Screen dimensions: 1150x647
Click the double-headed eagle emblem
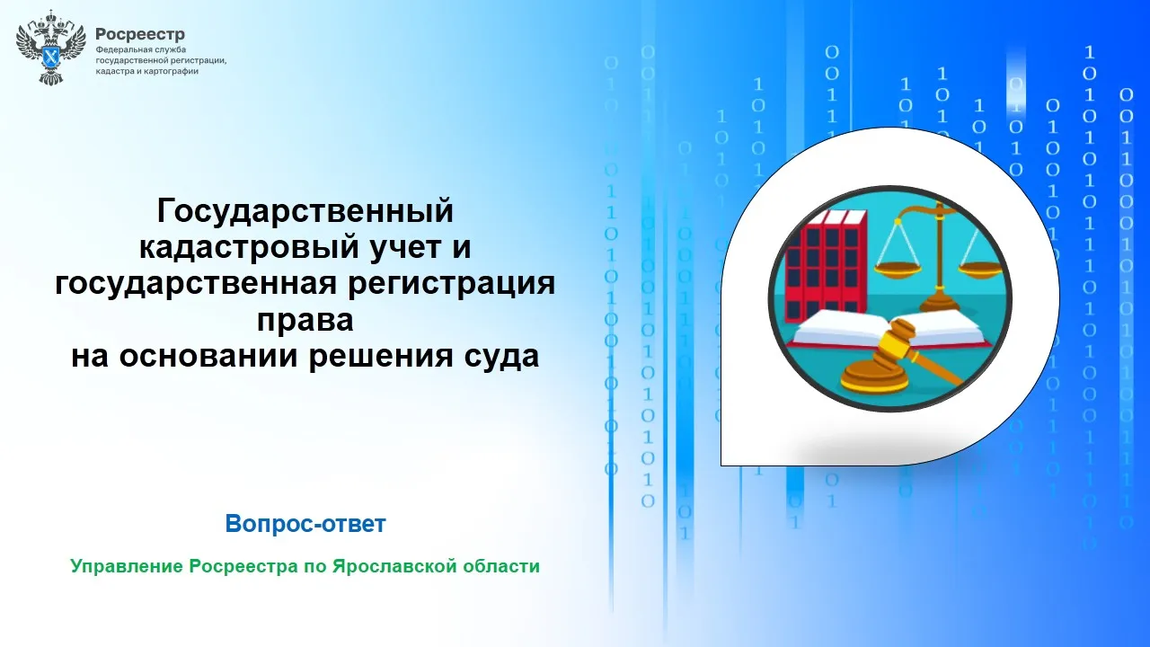(50, 48)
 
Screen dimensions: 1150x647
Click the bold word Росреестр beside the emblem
(140, 34)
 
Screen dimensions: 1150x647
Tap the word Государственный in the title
(305, 210)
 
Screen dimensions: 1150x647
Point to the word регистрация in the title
(451, 284)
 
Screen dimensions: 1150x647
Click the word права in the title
(305, 321)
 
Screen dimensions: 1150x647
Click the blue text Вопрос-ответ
(305, 524)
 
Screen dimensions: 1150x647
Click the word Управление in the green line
(127, 566)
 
